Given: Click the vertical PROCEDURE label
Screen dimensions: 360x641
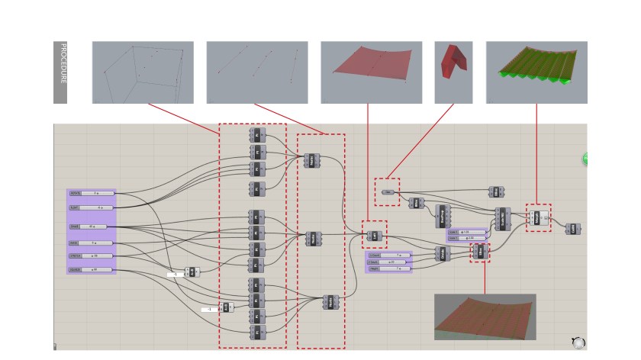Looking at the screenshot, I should point(60,72).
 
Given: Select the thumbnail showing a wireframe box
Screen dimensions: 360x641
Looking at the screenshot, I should point(143,72).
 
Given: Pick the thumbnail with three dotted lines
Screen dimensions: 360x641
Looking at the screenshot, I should point(256,72).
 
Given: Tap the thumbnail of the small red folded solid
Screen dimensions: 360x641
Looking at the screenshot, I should point(453,72).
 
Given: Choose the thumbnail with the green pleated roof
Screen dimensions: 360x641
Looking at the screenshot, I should point(536,72).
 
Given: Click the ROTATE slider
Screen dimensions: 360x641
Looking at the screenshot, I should point(92,194).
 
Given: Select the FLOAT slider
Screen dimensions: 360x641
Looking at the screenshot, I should point(92,207).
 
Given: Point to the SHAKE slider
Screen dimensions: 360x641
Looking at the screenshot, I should point(92,227).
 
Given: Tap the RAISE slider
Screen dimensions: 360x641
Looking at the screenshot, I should point(92,243).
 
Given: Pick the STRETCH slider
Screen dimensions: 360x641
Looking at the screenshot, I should point(92,256).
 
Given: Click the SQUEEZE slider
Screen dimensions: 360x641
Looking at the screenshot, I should point(92,270).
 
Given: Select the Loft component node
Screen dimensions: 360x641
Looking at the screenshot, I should point(374,236).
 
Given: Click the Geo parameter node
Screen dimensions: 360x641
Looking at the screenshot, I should point(388,192).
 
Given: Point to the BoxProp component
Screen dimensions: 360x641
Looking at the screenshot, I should point(442,216).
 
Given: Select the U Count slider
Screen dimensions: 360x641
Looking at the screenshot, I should point(388,255).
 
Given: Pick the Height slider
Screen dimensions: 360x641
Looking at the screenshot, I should point(388,268).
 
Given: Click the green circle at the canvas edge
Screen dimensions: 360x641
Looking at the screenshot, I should point(585,159).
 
